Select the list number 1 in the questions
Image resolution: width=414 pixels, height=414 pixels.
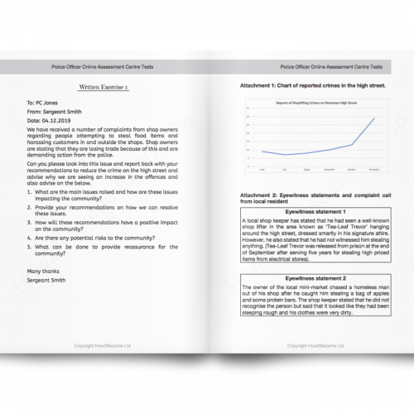30,191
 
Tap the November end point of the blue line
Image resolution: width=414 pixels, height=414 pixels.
373,118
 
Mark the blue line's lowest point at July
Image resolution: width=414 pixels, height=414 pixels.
284,155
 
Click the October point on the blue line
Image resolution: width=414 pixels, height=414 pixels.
352,144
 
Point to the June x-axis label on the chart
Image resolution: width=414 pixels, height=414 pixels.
262,169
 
